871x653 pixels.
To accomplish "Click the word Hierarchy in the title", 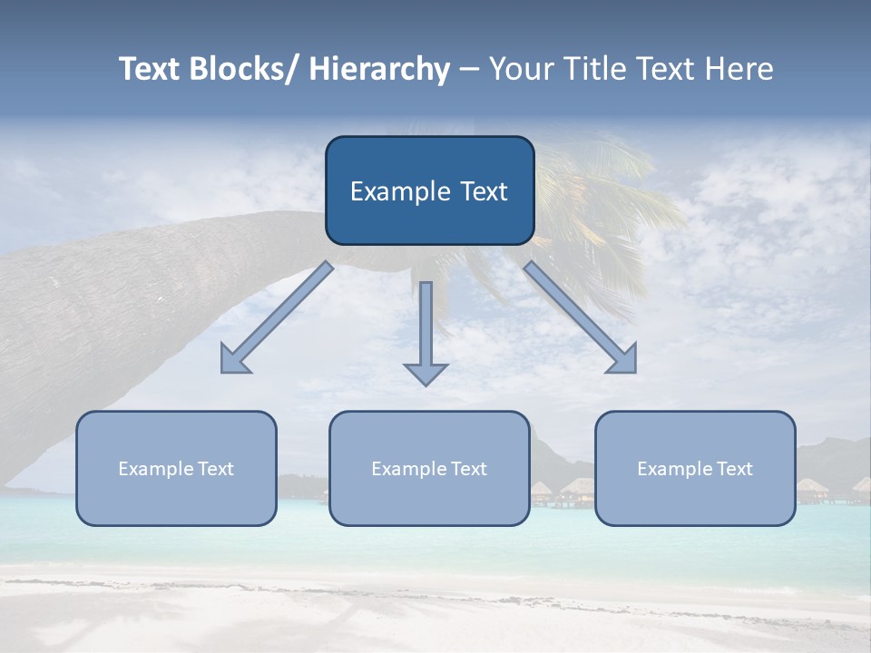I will tap(379, 69).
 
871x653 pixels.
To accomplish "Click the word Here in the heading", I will tap(739, 69).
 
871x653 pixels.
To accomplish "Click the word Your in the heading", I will tap(522, 69).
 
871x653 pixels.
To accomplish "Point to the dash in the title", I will tap(469, 69).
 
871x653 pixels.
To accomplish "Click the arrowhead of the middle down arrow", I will tap(426, 373).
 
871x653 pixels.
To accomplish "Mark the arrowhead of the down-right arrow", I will tap(625, 361).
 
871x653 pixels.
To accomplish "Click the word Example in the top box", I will tap(396, 191).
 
